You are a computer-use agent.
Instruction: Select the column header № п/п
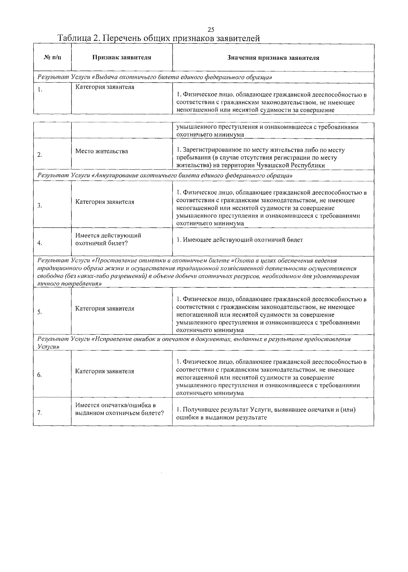[x=53, y=57]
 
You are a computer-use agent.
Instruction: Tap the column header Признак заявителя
[x=122, y=57]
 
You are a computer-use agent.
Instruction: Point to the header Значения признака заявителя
[x=273, y=57]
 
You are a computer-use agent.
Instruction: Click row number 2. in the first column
[x=40, y=155]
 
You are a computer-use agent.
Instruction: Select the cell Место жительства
[x=102, y=151]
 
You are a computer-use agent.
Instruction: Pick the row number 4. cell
[x=40, y=243]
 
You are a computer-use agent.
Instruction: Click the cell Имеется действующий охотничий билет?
[x=108, y=239]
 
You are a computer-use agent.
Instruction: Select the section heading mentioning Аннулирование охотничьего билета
[x=165, y=176]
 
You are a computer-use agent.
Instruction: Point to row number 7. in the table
[x=40, y=413]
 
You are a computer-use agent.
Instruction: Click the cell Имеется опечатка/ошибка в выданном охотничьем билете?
[x=119, y=409]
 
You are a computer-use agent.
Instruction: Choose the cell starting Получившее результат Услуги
[x=266, y=413]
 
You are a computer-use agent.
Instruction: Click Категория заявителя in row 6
[x=105, y=371]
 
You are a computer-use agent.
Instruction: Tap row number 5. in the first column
[x=40, y=312]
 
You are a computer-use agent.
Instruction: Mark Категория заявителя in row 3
[x=105, y=202]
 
